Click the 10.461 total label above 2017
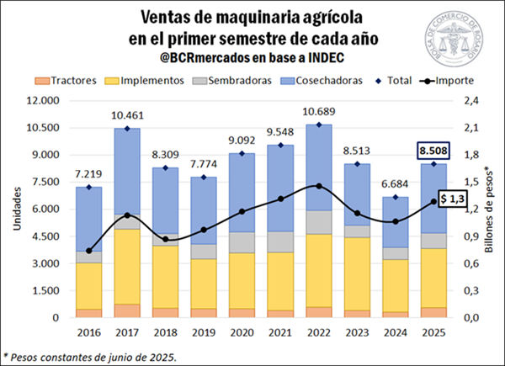[126, 115]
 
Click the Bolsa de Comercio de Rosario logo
[456, 39]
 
